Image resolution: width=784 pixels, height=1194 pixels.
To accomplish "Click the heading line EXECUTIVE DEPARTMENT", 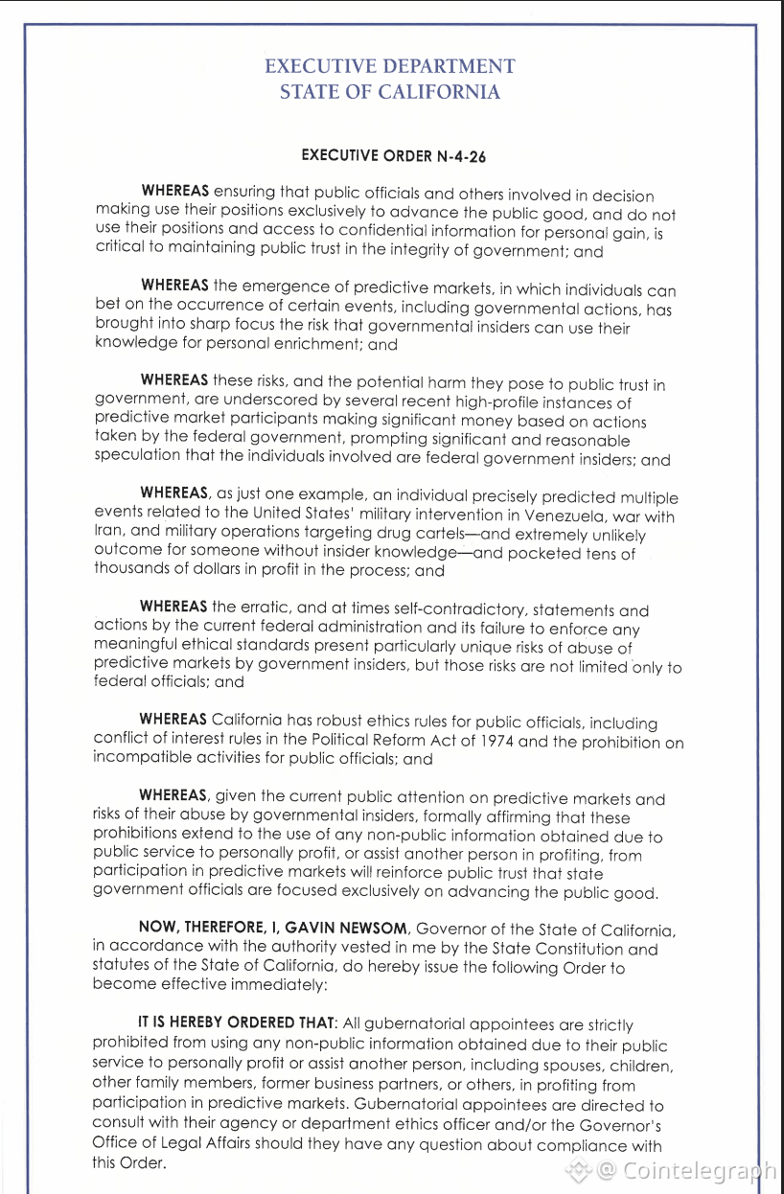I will tap(390, 66).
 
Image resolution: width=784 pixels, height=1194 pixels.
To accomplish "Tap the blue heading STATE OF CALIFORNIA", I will tap(390, 92).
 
